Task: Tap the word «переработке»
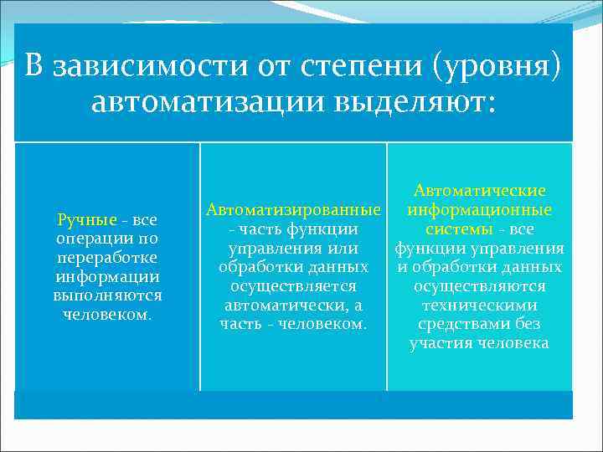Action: pyautogui.click(x=107, y=258)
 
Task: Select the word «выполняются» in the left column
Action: pyautogui.click(x=107, y=295)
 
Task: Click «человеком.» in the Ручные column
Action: pyautogui.click(x=106, y=315)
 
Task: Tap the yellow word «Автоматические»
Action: pyautogui.click(x=479, y=191)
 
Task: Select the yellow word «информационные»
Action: pyautogui.click(x=479, y=209)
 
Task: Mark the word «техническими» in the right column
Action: pyautogui.click(x=479, y=306)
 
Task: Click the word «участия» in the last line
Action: pyautogui.click(x=440, y=343)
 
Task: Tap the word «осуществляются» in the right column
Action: pyautogui.click(x=479, y=286)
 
